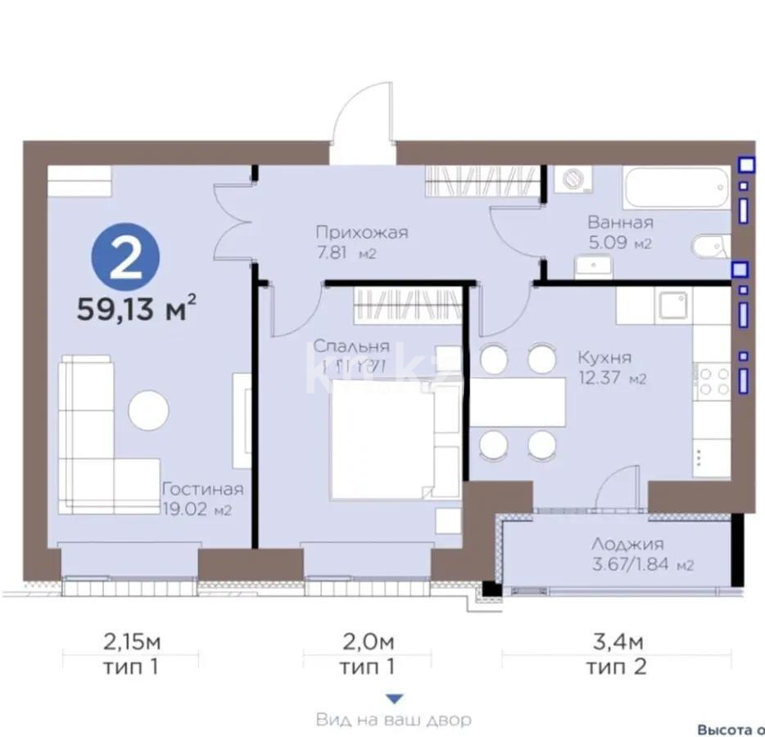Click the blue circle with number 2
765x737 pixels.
125,258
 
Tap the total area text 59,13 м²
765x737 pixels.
136,310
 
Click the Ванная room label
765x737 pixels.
620,223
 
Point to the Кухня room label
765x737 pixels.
604,358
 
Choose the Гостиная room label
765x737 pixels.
202,489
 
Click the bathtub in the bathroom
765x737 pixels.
676,189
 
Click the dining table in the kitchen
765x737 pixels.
517,402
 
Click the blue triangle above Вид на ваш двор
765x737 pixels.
394,699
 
